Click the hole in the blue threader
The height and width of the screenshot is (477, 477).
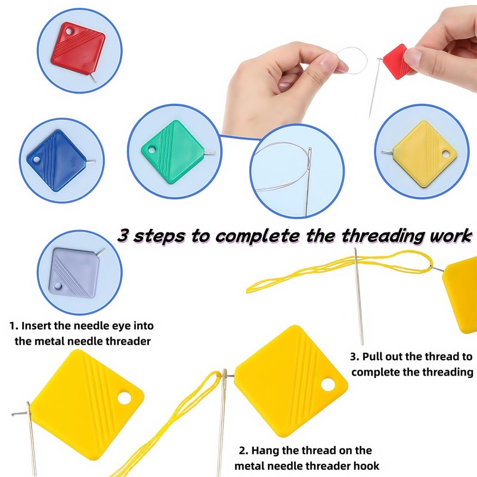coord(36,161)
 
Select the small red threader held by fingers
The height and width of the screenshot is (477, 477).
coord(394,60)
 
